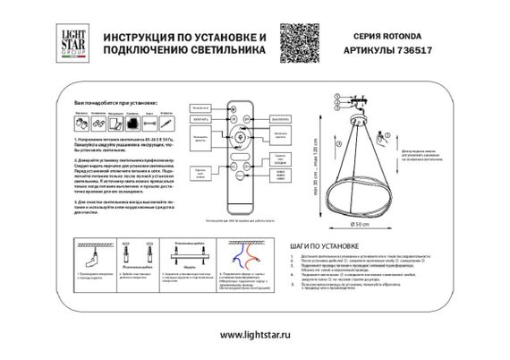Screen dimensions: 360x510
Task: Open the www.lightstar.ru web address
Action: coord(255,333)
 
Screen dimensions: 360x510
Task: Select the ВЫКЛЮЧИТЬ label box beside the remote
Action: coord(280,116)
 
